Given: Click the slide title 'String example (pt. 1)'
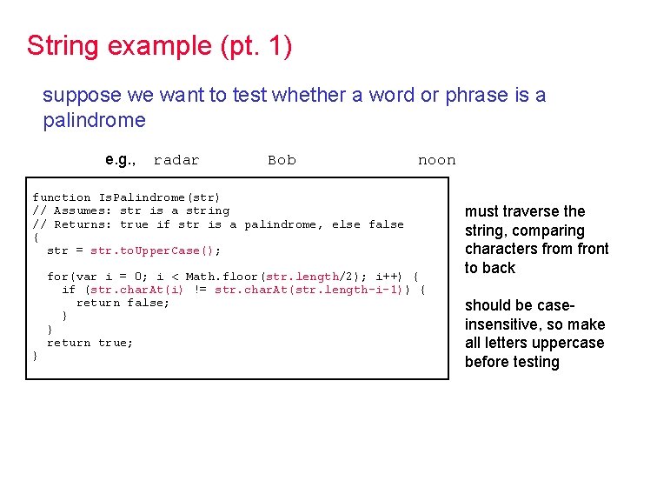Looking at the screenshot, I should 159,45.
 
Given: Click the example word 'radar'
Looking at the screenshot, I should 176,160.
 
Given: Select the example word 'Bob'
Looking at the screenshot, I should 282,160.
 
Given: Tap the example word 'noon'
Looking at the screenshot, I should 436,160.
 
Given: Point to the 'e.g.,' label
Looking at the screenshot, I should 120,159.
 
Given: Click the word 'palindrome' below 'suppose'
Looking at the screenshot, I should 94,120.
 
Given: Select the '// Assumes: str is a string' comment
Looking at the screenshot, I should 130,210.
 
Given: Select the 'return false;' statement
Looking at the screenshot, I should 123,303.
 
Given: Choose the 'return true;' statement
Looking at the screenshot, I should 90,343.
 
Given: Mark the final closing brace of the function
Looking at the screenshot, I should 35,357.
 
